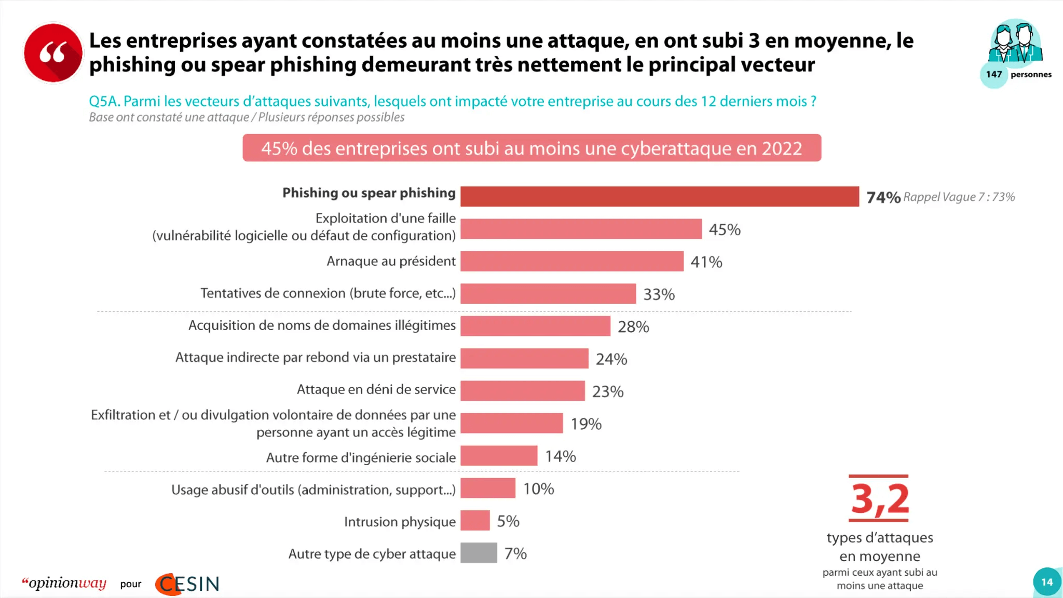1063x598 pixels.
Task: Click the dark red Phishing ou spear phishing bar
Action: [659, 197]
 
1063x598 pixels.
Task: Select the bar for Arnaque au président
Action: [571, 261]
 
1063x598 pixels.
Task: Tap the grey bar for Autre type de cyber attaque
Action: [479, 553]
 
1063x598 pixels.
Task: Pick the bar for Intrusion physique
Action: [475, 521]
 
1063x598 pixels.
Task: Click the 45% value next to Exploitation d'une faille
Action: [725, 229]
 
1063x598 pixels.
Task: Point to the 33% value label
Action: [659, 294]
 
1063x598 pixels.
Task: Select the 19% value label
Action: [586, 424]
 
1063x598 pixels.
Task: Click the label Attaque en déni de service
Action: [376, 389]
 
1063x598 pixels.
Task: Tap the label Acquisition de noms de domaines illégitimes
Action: [322, 325]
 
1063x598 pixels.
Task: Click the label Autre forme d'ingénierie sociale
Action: [361, 457]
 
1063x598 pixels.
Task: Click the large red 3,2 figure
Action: [879, 499]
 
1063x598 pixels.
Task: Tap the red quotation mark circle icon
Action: [53, 53]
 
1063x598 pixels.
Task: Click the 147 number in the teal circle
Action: [993, 74]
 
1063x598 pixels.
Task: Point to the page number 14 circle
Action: [1046, 582]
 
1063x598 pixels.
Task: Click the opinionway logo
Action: [64, 583]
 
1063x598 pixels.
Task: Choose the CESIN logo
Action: [188, 584]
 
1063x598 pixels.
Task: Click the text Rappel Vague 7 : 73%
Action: [959, 197]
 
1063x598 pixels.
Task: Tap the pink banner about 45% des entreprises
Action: [531, 148]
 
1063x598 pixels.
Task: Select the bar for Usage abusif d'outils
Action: [487, 488]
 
